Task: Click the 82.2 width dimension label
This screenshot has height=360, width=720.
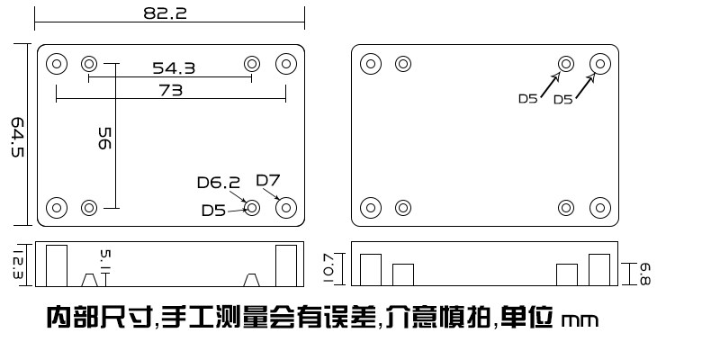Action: click(x=166, y=13)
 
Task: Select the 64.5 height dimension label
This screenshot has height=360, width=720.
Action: click(x=17, y=138)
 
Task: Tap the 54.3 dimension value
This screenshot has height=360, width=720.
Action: click(x=174, y=68)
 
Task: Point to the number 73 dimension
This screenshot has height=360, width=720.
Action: click(x=171, y=91)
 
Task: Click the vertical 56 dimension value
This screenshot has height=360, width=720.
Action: click(x=104, y=139)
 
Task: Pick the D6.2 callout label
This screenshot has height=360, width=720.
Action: click(x=219, y=183)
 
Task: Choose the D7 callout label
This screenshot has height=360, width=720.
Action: click(x=267, y=181)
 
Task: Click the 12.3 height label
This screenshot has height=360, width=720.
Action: click(x=17, y=265)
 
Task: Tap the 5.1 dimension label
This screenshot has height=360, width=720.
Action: click(x=105, y=260)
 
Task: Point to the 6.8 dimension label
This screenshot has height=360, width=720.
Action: click(x=644, y=274)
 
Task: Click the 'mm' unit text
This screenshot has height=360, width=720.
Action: click(x=580, y=320)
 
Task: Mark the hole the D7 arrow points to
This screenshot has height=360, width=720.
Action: click(x=286, y=208)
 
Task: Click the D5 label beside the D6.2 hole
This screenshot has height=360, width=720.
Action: click(x=214, y=211)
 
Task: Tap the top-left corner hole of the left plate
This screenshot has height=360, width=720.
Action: click(x=57, y=64)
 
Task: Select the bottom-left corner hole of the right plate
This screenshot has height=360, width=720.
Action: click(x=371, y=208)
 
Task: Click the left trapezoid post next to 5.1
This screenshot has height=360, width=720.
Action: click(x=89, y=280)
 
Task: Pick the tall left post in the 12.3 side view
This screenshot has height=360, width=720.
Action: click(x=57, y=265)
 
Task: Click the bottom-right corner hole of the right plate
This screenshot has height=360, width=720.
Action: click(x=600, y=208)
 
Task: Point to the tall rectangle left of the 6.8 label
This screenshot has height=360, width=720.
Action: click(x=599, y=269)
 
